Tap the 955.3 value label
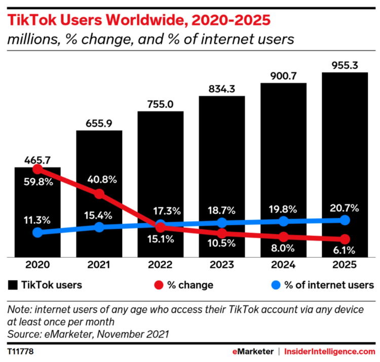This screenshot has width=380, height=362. (345, 65)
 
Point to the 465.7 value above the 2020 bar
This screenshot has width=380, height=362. (37, 160)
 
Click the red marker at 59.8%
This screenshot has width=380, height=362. (37, 169)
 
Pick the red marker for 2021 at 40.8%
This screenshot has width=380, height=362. (99, 194)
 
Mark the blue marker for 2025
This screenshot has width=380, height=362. (345, 220)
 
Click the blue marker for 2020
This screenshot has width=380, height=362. (37, 232)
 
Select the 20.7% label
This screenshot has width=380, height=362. (345, 208)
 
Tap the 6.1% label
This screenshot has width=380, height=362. (345, 250)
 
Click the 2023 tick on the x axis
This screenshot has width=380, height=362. (222, 265)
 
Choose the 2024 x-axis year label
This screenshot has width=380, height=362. (283, 265)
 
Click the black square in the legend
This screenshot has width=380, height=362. (13, 285)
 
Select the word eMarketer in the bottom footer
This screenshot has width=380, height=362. (252, 351)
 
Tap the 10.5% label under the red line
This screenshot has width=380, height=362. (222, 243)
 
